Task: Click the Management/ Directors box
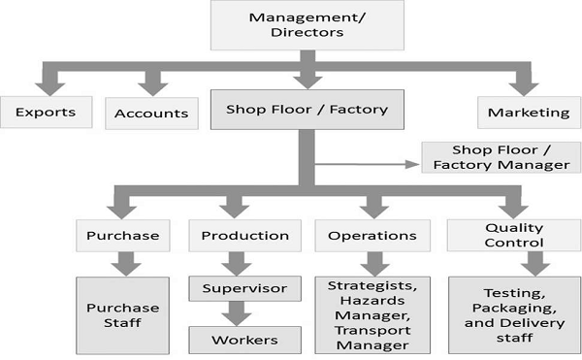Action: coord(300,25)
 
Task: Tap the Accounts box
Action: coord(150,113)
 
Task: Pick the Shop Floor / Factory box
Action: coord(307,110)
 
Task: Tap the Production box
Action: coord(244,235)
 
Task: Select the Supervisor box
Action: coord(244,288)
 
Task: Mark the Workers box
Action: coord(244,339)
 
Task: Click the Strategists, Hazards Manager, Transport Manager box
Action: coord(372,314)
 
